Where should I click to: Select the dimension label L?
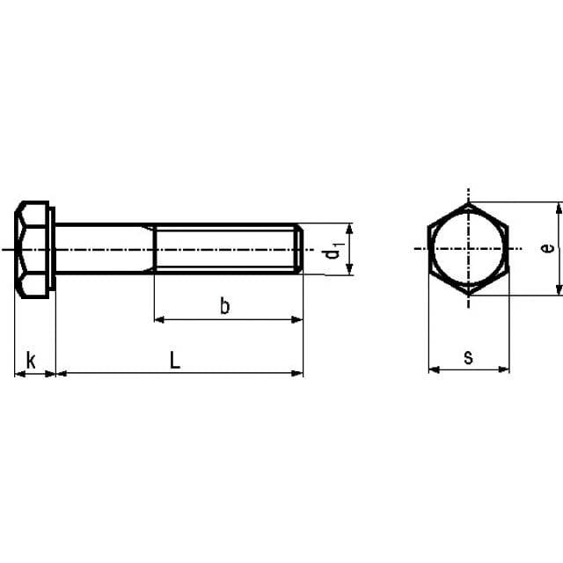point(175,360)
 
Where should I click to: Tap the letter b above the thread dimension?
point(224,306)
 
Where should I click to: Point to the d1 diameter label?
point(333,250)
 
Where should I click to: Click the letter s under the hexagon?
point(468,358)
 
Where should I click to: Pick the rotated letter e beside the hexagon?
point(547,248)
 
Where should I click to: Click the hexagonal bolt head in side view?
point(32,250)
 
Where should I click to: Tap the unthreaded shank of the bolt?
point(105,249)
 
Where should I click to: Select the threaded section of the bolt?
point(225,249)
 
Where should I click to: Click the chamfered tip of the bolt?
point(299,249)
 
